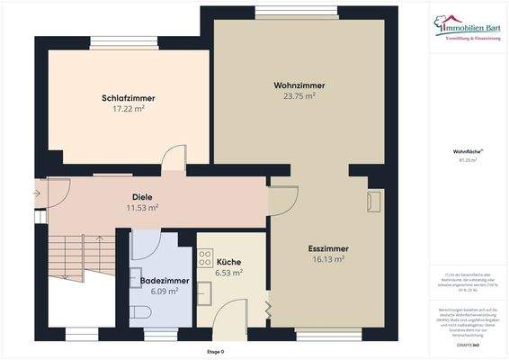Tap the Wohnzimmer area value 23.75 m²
(x=299, y=96)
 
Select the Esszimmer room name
(x=327, y=248)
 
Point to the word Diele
(x=142, y=196)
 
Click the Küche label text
(x=228, y=263)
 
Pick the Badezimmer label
(x=163, y=281)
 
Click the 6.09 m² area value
(x=163, y=291)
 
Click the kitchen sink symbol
(x=204, y=288)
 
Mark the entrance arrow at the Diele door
(x=39, y=192)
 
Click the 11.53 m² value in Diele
(x=142, y=207)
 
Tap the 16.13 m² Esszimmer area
(x=327, y=259)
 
